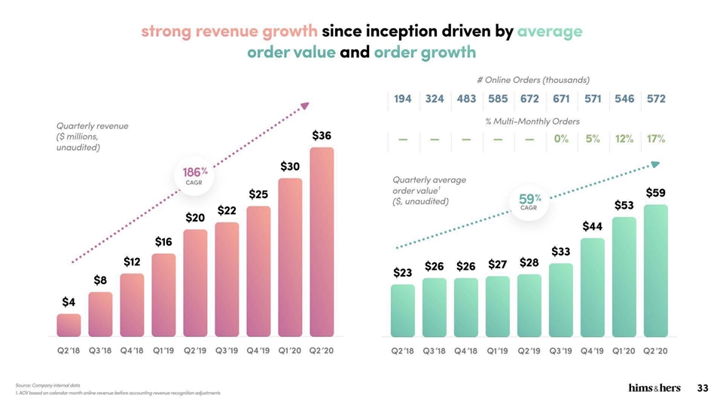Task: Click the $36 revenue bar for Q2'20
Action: pos(322,241)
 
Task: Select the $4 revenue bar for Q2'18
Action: pos(69,325)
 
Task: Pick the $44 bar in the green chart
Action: pos(592,287)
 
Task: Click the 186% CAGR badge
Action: pos(194,175)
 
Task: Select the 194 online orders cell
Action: pos(402,99)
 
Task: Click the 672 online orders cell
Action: pos(529,99)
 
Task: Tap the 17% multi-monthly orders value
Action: pos(655,139)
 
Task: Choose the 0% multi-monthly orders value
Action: pos(560,139)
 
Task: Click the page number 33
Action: pos(703,388)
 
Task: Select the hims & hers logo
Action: pos(654,388)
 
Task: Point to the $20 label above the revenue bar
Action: pos(195,217)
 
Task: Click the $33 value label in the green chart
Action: pos(560,251)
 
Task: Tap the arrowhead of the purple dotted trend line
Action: pos(305,106)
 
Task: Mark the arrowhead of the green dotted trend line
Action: pos(655,164)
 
